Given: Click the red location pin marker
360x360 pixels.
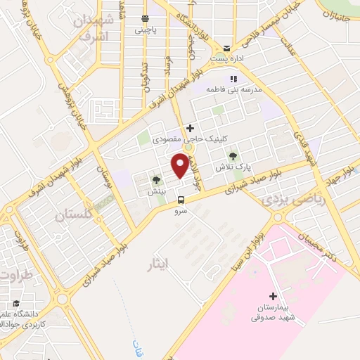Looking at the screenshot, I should point(180,165).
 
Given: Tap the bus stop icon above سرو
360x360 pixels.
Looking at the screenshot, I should point(181,199).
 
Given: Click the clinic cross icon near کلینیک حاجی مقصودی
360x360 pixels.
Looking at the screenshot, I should point(190,128).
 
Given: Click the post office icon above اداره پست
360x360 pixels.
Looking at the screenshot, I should point(226,47).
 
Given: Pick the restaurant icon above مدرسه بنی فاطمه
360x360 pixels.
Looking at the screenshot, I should point(234,79).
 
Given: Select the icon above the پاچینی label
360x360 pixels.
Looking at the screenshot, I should point(145,19).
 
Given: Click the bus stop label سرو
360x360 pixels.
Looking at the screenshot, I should point(181,210).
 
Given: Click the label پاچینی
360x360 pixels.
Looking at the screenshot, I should point(146,30).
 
